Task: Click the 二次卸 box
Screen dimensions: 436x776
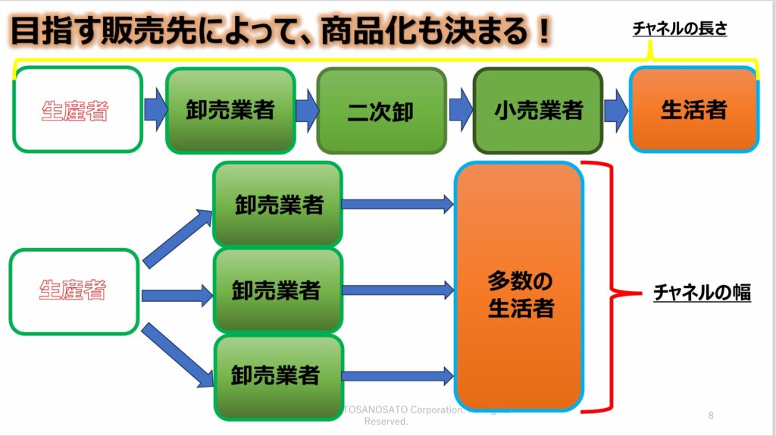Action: click(x=381, y=111)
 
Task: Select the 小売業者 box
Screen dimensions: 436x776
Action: click(x=538, y=111)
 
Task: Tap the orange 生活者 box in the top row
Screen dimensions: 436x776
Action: click(x=693, y=110)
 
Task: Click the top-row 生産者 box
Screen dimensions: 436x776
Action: click(x=77, y=110)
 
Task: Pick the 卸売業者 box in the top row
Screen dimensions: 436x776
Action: click(x=230, y=110)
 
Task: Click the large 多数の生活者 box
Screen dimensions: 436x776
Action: click(x=520, y=287)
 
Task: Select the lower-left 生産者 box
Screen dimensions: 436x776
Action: click(x=74, y=291)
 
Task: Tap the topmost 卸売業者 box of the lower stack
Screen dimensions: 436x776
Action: click(x=277, y=204)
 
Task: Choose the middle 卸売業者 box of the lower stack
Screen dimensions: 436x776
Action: click(x=277, y=290)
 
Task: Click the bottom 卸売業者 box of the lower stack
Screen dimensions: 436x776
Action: click(x=277, y=376)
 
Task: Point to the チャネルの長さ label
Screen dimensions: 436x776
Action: click(x=679, y=30)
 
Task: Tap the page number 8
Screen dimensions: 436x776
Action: click(x=711, y=416)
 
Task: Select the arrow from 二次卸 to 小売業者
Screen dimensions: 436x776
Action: click(x=460, y=110)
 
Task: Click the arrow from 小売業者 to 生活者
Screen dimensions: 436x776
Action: click(x=615, y=110)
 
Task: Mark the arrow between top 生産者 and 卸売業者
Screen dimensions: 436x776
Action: click(x=154, y=110)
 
